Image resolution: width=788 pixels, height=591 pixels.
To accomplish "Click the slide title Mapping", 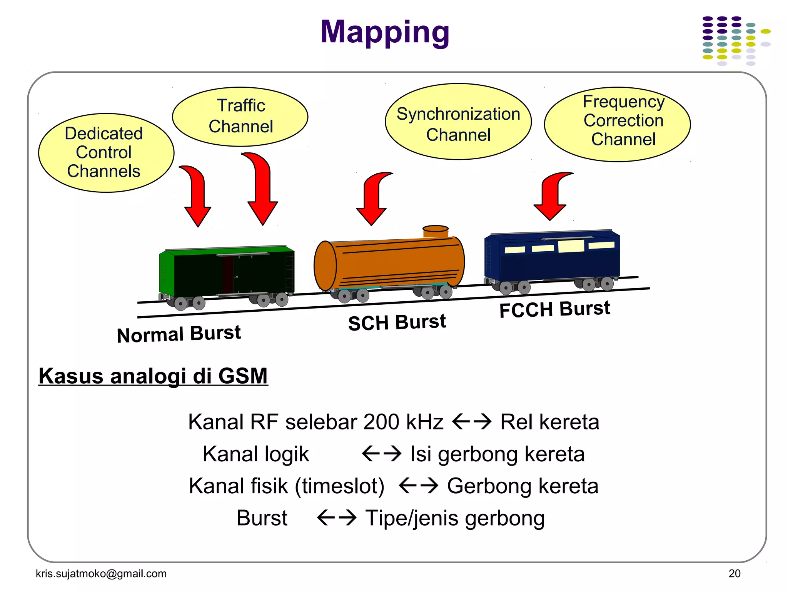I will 385,32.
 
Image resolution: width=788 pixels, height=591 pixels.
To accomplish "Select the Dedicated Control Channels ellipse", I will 106,153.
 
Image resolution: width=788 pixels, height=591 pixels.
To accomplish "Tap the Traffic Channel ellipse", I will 240,116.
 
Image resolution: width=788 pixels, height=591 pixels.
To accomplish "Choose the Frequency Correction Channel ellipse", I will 617,124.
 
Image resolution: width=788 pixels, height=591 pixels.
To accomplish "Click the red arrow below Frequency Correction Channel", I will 552,196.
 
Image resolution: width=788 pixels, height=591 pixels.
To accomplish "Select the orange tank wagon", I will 389,264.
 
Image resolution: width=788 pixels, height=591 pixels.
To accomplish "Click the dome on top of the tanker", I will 436,231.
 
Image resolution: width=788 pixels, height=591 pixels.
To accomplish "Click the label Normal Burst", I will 179,334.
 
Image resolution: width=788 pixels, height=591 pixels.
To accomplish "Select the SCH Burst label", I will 397,322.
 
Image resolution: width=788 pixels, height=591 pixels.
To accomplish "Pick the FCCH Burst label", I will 554,309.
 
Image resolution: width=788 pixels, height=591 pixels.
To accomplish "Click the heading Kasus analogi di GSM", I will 153,376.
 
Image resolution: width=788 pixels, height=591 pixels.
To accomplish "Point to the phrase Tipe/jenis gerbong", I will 455,518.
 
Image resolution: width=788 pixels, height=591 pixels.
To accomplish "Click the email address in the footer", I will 101,574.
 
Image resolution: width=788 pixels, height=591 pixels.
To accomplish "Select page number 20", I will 734,574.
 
